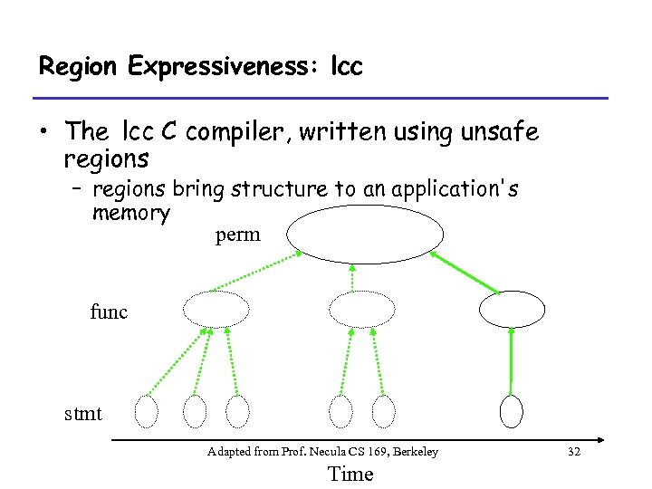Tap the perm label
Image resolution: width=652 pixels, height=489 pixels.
pyautogui.click(x=238, y=235)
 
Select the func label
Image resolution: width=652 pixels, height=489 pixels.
pyautogui.click(x=110, y=312)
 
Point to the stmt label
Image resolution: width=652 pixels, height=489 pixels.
pyautogui.click(x=82, y=414)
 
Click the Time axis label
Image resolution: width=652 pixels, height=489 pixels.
pyautogui.click(x=350, y=474)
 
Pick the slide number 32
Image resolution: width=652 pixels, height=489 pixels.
pyautogui.click(x=571, y=451)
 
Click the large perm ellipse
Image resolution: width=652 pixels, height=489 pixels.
pyautogui.click(x=366, y=234)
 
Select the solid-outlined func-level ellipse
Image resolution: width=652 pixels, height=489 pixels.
pyautogui.click(x=512, y=310)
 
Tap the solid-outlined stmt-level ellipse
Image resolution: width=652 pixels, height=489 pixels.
pyautogui.click(x=513, y=411)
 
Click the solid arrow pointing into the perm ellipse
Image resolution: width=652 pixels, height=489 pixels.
pyautogui.click(x=465, y=273)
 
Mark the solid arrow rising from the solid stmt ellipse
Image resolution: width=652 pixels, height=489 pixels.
pyautogui.click(x=512, y=360)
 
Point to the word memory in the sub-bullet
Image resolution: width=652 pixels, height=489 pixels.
pyautogui.click(x=130, y=213)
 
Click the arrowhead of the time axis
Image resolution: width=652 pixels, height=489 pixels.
pyautogui.click(x=600, y=441)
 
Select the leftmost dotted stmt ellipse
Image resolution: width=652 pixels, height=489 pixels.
pyautogui.click(x=146, y=411)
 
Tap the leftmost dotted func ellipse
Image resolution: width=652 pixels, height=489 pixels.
pyautogui.click(x=216, y=310)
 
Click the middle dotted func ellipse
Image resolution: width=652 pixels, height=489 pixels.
pyautogui.click(x=362, y=310)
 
